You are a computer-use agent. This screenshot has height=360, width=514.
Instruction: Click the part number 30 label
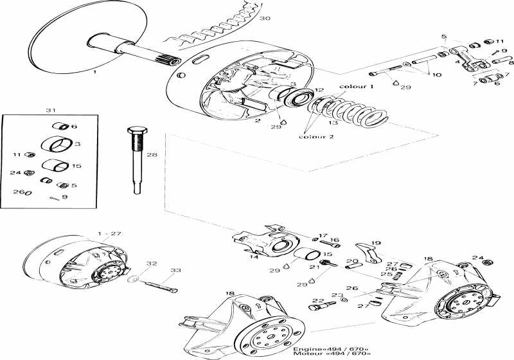265,18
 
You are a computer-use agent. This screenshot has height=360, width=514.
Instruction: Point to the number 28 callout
152,154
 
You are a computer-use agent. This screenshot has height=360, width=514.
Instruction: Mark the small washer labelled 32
133,280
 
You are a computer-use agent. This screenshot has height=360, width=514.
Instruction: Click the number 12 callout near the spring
319,90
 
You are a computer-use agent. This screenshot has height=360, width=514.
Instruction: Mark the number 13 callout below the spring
332,123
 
